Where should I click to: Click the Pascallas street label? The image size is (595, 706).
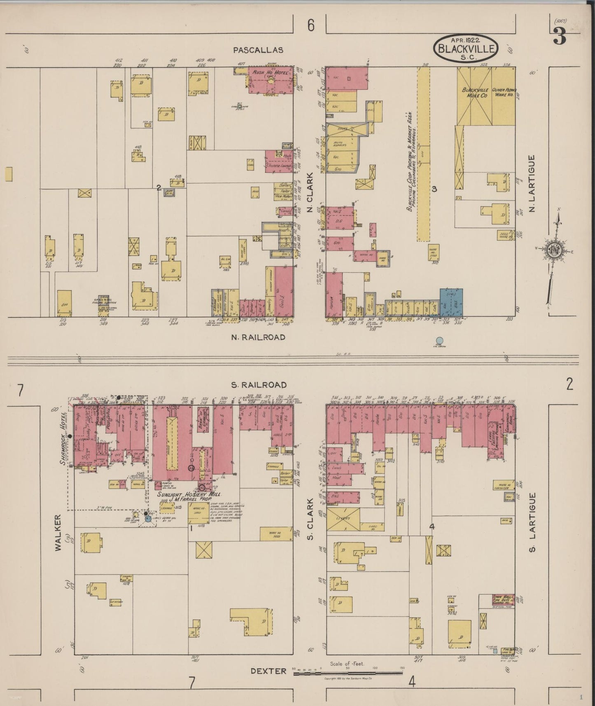pos(258,50)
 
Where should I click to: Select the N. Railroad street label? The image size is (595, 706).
pos(258,337)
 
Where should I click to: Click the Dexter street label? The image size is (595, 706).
pos(268,671)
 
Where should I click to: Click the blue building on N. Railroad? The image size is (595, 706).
pos(451,302)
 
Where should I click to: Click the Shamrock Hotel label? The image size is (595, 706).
pos(63,439)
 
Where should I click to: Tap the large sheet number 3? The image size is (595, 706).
pos(560,37)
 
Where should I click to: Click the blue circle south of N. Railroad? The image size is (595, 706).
pos(439,341)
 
